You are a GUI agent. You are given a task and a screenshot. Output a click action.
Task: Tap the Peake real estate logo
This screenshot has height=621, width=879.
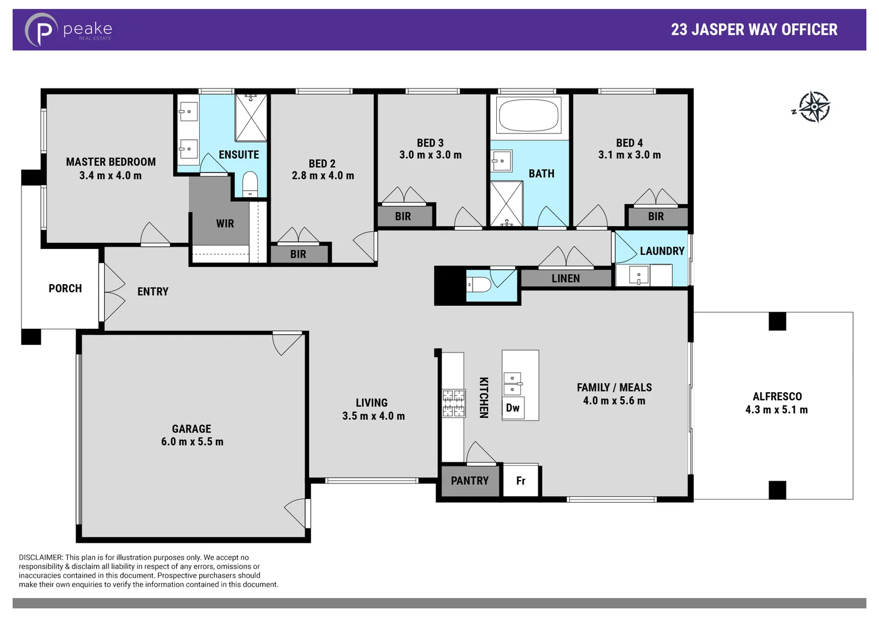[x=68, y=29]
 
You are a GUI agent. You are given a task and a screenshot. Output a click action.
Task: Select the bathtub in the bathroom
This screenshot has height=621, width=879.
[x=528, y=115]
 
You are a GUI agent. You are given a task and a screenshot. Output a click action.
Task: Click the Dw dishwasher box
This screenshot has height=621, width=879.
[x=512, y=408]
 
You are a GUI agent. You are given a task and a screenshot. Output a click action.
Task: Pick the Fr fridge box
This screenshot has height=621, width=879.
[x=520, y=481]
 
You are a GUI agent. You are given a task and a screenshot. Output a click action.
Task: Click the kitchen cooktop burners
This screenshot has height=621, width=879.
[x=453, y=402]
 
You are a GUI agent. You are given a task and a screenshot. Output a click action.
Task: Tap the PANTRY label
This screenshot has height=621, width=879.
[x=469, y=481]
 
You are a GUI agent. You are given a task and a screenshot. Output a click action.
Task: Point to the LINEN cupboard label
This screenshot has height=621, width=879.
[x=565, y=278]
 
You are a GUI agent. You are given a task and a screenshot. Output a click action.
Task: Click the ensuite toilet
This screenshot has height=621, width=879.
[x=250, y=184]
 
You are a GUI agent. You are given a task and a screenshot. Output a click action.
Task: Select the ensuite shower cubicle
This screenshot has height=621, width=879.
[x=251, y=118]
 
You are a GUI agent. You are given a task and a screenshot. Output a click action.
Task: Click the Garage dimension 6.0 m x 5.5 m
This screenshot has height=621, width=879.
[x=192, y=442]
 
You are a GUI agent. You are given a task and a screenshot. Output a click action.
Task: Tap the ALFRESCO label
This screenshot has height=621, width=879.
[x=777, y=396]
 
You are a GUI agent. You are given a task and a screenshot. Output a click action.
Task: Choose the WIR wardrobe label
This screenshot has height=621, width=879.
[x=224, y=224]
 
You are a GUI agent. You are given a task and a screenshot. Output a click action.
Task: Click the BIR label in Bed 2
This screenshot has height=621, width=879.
[x=298, y=254]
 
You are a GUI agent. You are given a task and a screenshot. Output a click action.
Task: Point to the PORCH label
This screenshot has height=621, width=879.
[x=65, y=288]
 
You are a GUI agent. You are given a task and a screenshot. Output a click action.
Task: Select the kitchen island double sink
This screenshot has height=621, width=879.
[x=512, y=384]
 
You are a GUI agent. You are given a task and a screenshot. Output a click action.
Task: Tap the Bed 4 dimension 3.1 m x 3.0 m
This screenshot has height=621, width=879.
[x=629, y=155]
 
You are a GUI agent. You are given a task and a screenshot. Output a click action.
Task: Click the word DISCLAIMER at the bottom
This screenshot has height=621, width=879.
[x=40, y=557]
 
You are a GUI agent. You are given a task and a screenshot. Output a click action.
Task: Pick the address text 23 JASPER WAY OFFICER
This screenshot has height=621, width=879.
[x=754, y=30]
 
